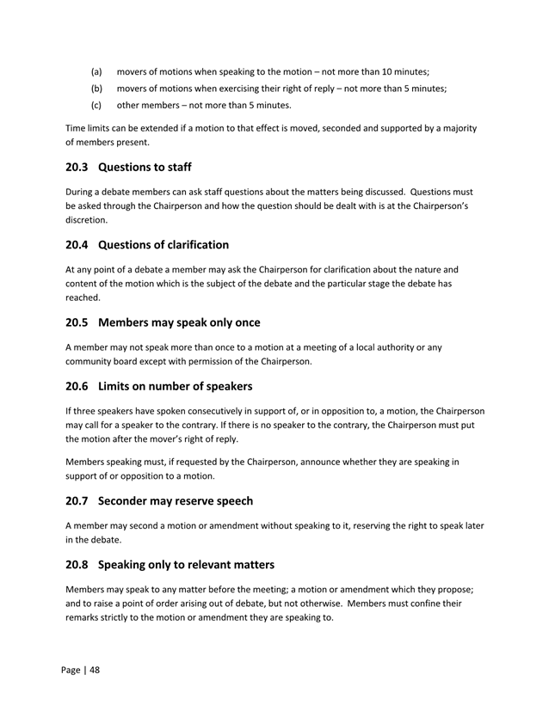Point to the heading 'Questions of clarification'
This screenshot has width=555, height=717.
pos(163,245)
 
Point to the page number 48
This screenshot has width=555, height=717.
pos(94,671)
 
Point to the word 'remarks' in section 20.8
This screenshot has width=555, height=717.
pos(86,618)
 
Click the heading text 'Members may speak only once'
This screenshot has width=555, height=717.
pos(179,322)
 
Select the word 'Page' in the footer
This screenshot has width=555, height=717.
pos(71,671)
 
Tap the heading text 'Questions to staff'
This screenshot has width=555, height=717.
pos(145,167)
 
